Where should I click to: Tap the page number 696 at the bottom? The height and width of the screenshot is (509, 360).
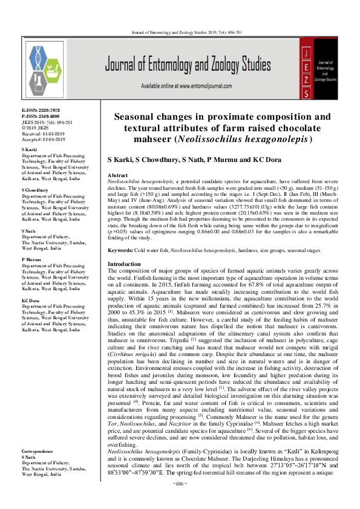tap(180, 502)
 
